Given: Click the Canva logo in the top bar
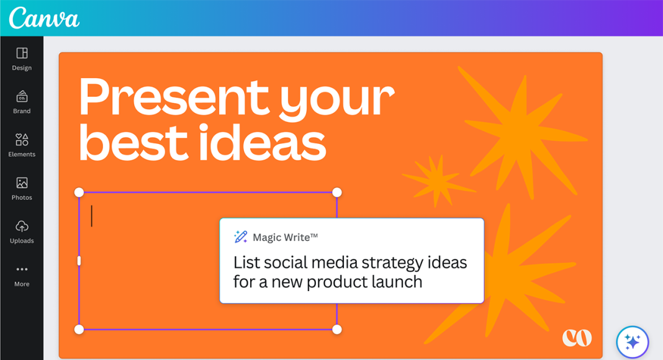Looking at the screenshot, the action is (x=44, y=18).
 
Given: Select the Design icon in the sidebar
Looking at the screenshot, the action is (x=22, y=53).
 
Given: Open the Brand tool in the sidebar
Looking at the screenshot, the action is (x=22, y=97).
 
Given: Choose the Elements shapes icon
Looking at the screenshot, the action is (x=22, y=140).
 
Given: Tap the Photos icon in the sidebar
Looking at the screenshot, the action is (x=22, y=183).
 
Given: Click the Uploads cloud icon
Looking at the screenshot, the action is (x=22, y=226).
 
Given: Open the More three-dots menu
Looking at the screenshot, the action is (x=22, y=269).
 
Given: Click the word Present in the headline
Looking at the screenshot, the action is (x=173, y=97).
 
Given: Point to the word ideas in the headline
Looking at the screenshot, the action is (x=262, y=142).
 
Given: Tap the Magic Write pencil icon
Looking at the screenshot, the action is (x=241, y=236).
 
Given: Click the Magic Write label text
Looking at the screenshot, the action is (x=285, y=238).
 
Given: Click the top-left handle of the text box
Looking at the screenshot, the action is (x=79, y=192).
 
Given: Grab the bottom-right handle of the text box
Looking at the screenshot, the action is (x=337, y=330).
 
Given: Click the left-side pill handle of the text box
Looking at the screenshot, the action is (x=79, y=261).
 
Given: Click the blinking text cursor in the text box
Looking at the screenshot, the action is (x=92, y=216).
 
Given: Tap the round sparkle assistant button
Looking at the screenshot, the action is (x=633, y=342).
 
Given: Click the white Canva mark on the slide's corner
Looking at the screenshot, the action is (x=577, y=338).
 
